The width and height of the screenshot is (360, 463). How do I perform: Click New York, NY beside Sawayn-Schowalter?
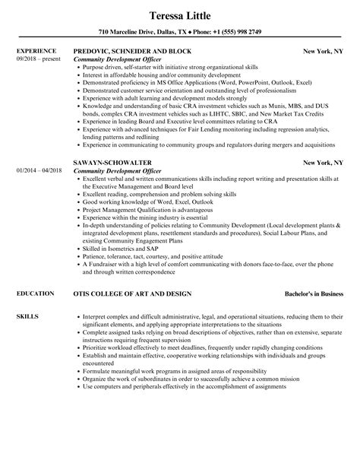pos(325,162)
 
